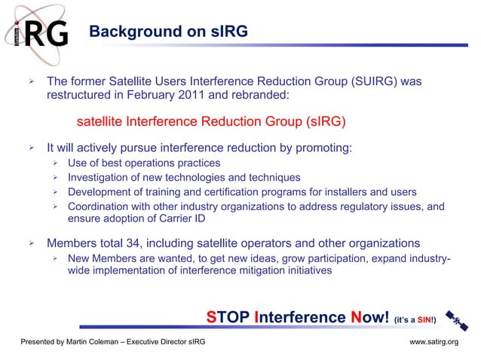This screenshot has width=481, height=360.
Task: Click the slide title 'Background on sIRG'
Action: [167, 32]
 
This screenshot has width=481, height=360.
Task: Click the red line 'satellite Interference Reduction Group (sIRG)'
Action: [211, 122]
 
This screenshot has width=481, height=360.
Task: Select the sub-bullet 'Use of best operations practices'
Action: [144, 163]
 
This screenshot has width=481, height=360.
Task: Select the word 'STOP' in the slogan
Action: [228, 318]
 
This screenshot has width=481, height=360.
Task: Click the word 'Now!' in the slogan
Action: [369, 318]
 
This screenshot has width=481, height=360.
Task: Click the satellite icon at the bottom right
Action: [455, 319]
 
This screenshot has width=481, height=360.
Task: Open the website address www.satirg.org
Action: [434, 343]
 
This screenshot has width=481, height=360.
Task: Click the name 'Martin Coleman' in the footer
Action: [97, 343]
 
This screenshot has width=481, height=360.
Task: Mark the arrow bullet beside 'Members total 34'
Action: [32, 244]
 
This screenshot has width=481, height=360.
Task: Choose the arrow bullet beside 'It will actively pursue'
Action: [32, 148]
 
